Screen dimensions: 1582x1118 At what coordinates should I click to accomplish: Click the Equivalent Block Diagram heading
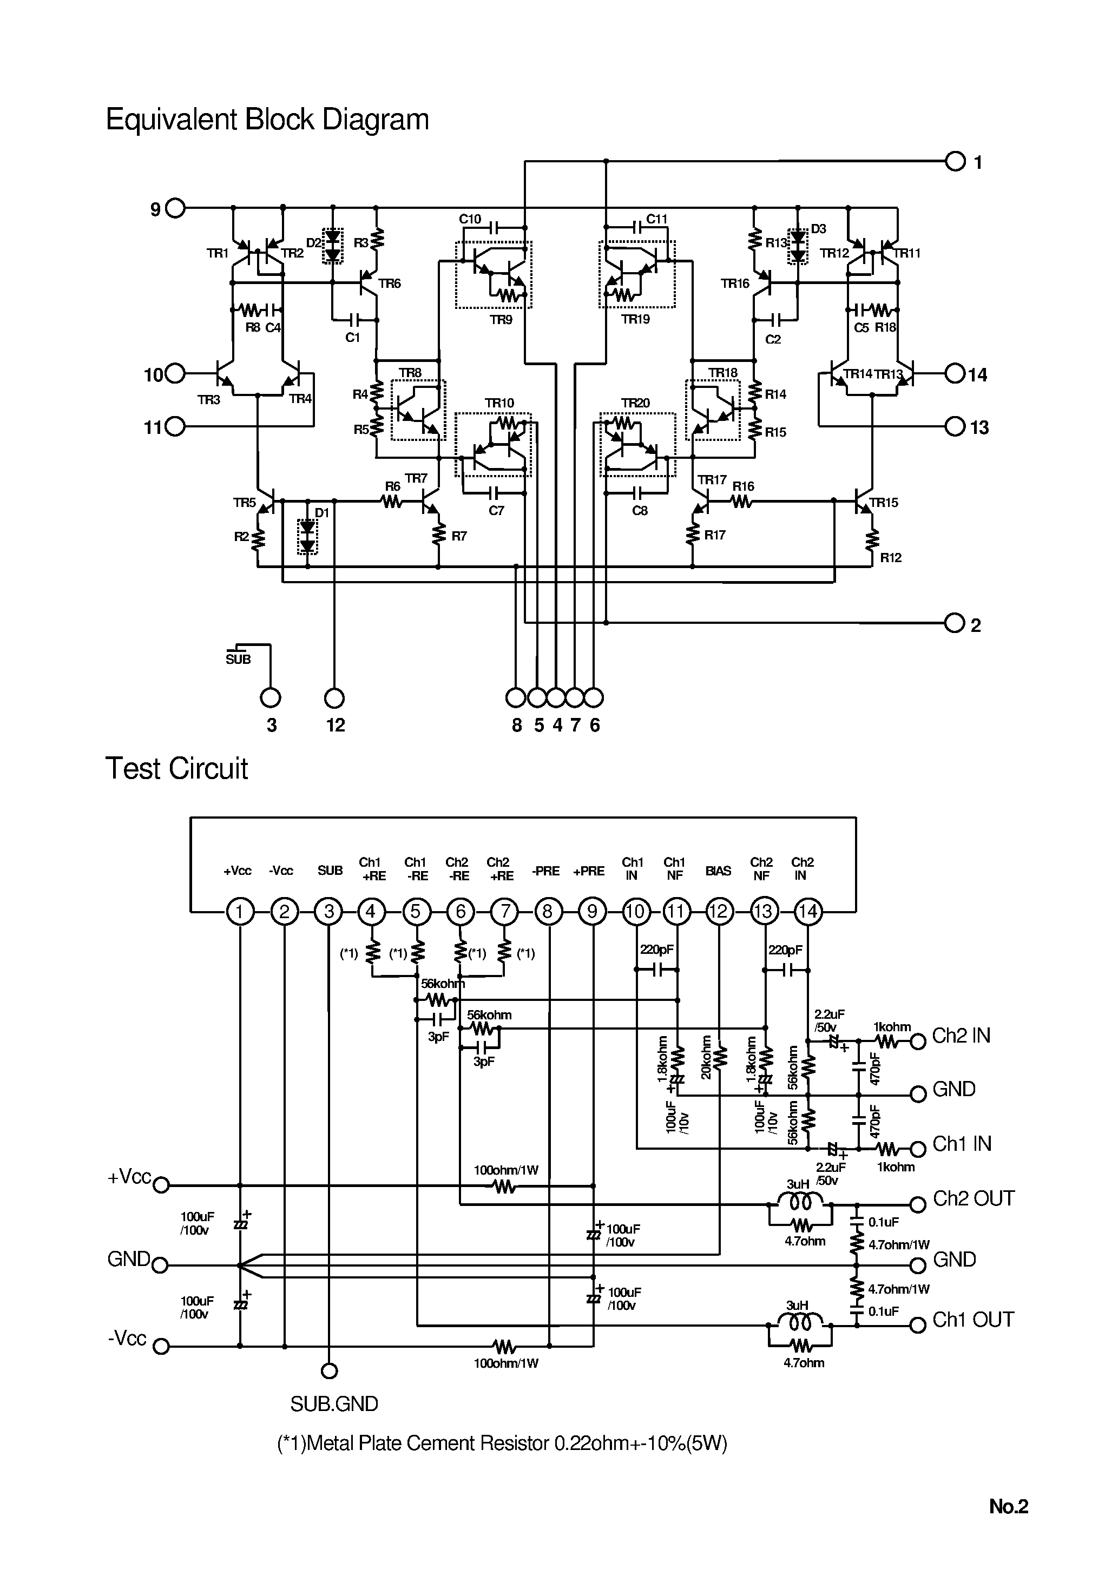(267, 119)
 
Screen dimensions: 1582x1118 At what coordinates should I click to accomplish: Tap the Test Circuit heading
(176, 768)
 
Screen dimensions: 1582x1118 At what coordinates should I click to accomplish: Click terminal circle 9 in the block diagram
(176, 208)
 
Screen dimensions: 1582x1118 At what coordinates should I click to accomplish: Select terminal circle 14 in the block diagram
(955, 374)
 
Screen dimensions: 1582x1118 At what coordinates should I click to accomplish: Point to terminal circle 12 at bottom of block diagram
(334, 698)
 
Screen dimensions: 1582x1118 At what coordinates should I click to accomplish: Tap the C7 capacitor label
(496, 511)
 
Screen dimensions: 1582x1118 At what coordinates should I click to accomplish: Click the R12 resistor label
(891, 557)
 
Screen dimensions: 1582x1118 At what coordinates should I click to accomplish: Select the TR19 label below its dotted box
(635, 320)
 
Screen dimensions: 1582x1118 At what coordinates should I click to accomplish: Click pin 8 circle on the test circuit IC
(548, 912)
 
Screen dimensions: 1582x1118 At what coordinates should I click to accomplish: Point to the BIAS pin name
(718, 871)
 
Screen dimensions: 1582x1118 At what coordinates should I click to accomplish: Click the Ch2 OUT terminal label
(974, 1199)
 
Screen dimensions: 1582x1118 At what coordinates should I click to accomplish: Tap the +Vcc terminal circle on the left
(161, 1185)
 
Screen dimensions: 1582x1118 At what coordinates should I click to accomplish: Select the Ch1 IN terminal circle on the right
(917, 1149)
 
